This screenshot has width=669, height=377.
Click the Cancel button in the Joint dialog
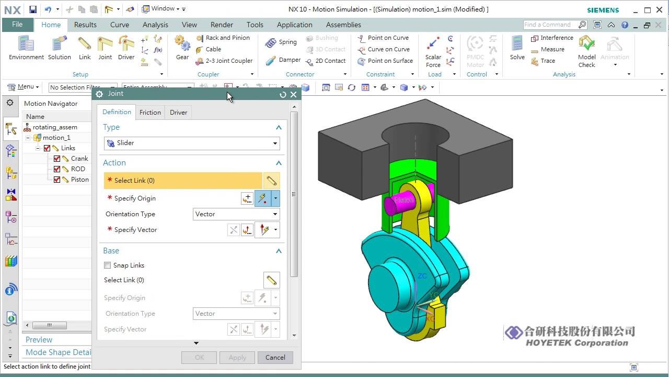pos(275,358)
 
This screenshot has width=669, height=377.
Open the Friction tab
pos(150,112)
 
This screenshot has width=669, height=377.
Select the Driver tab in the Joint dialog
pos(178,112)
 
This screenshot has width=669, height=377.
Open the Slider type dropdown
pos(191,143)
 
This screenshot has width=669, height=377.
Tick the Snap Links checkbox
pos(108,265)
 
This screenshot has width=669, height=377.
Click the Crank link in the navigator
pos(79,159)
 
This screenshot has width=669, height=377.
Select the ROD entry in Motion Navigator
pos(78,169)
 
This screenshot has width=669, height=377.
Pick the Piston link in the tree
pos(80,180)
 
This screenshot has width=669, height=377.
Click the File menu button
pos(17,25)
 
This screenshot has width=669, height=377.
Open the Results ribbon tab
pos(85,25)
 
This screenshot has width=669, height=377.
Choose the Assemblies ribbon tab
pos(343,25)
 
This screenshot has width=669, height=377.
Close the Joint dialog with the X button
pos(293,94)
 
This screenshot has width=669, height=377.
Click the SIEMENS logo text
pos(603,10)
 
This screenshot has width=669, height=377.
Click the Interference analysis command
pos(552,38)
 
